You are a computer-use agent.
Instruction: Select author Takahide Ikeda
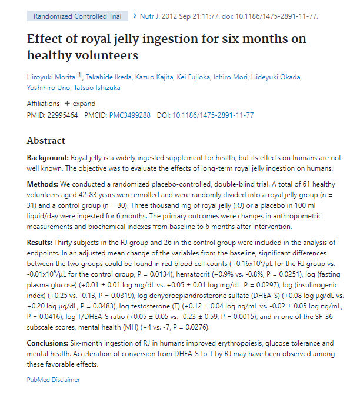point(111,77)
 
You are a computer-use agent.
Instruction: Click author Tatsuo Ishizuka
point(104,88)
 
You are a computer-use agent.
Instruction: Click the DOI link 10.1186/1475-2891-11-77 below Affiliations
point(213,115)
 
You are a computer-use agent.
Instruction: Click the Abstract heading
point(46,141)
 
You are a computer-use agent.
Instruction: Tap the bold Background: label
point(48,158)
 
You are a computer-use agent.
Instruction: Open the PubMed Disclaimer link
point(54,380)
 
